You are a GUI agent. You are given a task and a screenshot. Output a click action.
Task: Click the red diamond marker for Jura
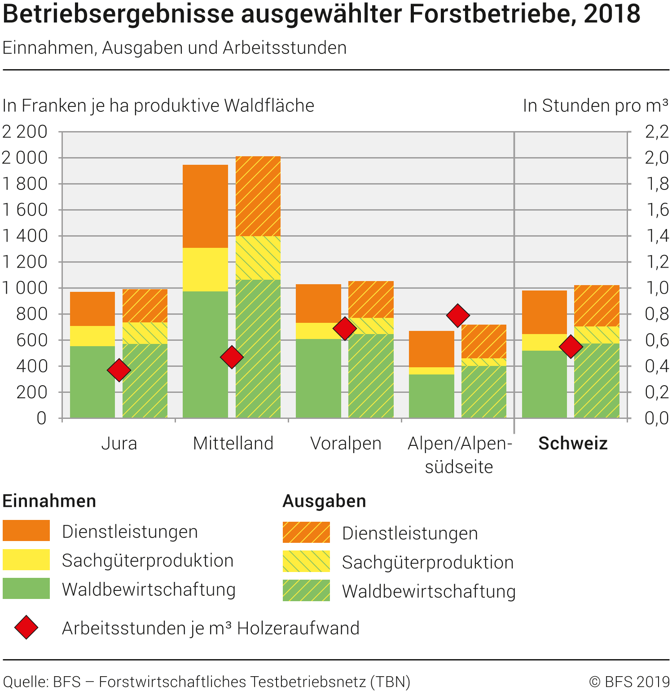click(119, 370)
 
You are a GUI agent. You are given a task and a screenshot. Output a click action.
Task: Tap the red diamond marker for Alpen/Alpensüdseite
click(458, 315)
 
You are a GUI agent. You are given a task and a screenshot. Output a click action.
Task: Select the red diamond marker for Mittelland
click(232, 357)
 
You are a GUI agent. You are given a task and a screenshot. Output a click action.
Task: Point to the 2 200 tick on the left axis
click(25, 132)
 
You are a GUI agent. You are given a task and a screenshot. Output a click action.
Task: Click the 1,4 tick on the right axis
click(656, 236)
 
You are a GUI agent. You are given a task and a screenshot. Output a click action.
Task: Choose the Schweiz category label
click(573, 444)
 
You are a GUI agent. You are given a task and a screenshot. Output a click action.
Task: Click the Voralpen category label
click(346, 444)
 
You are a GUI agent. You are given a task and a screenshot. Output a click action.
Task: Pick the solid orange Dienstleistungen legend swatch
click(26, 531)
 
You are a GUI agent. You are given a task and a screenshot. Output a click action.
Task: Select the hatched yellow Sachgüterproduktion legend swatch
click(306, 561)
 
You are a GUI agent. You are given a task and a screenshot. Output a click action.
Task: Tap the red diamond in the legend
click(26, 627)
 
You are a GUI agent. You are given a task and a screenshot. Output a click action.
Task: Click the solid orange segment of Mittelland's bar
click(205, 206)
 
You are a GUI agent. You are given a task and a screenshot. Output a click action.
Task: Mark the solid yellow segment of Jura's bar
click(92, 336)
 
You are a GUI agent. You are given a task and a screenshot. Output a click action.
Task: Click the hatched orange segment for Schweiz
click(597, 306)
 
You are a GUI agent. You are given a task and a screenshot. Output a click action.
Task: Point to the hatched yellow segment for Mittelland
click(258, 258)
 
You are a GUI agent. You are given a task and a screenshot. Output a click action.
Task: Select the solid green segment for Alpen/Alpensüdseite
click(431, 396)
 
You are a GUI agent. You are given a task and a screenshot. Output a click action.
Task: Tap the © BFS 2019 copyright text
click(629, 682)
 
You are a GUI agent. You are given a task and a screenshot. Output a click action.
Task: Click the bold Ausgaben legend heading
click(324, 501)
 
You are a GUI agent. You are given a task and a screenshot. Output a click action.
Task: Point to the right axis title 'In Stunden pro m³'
click(595, 106)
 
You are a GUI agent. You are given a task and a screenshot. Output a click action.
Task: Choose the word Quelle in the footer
click(25, 682)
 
